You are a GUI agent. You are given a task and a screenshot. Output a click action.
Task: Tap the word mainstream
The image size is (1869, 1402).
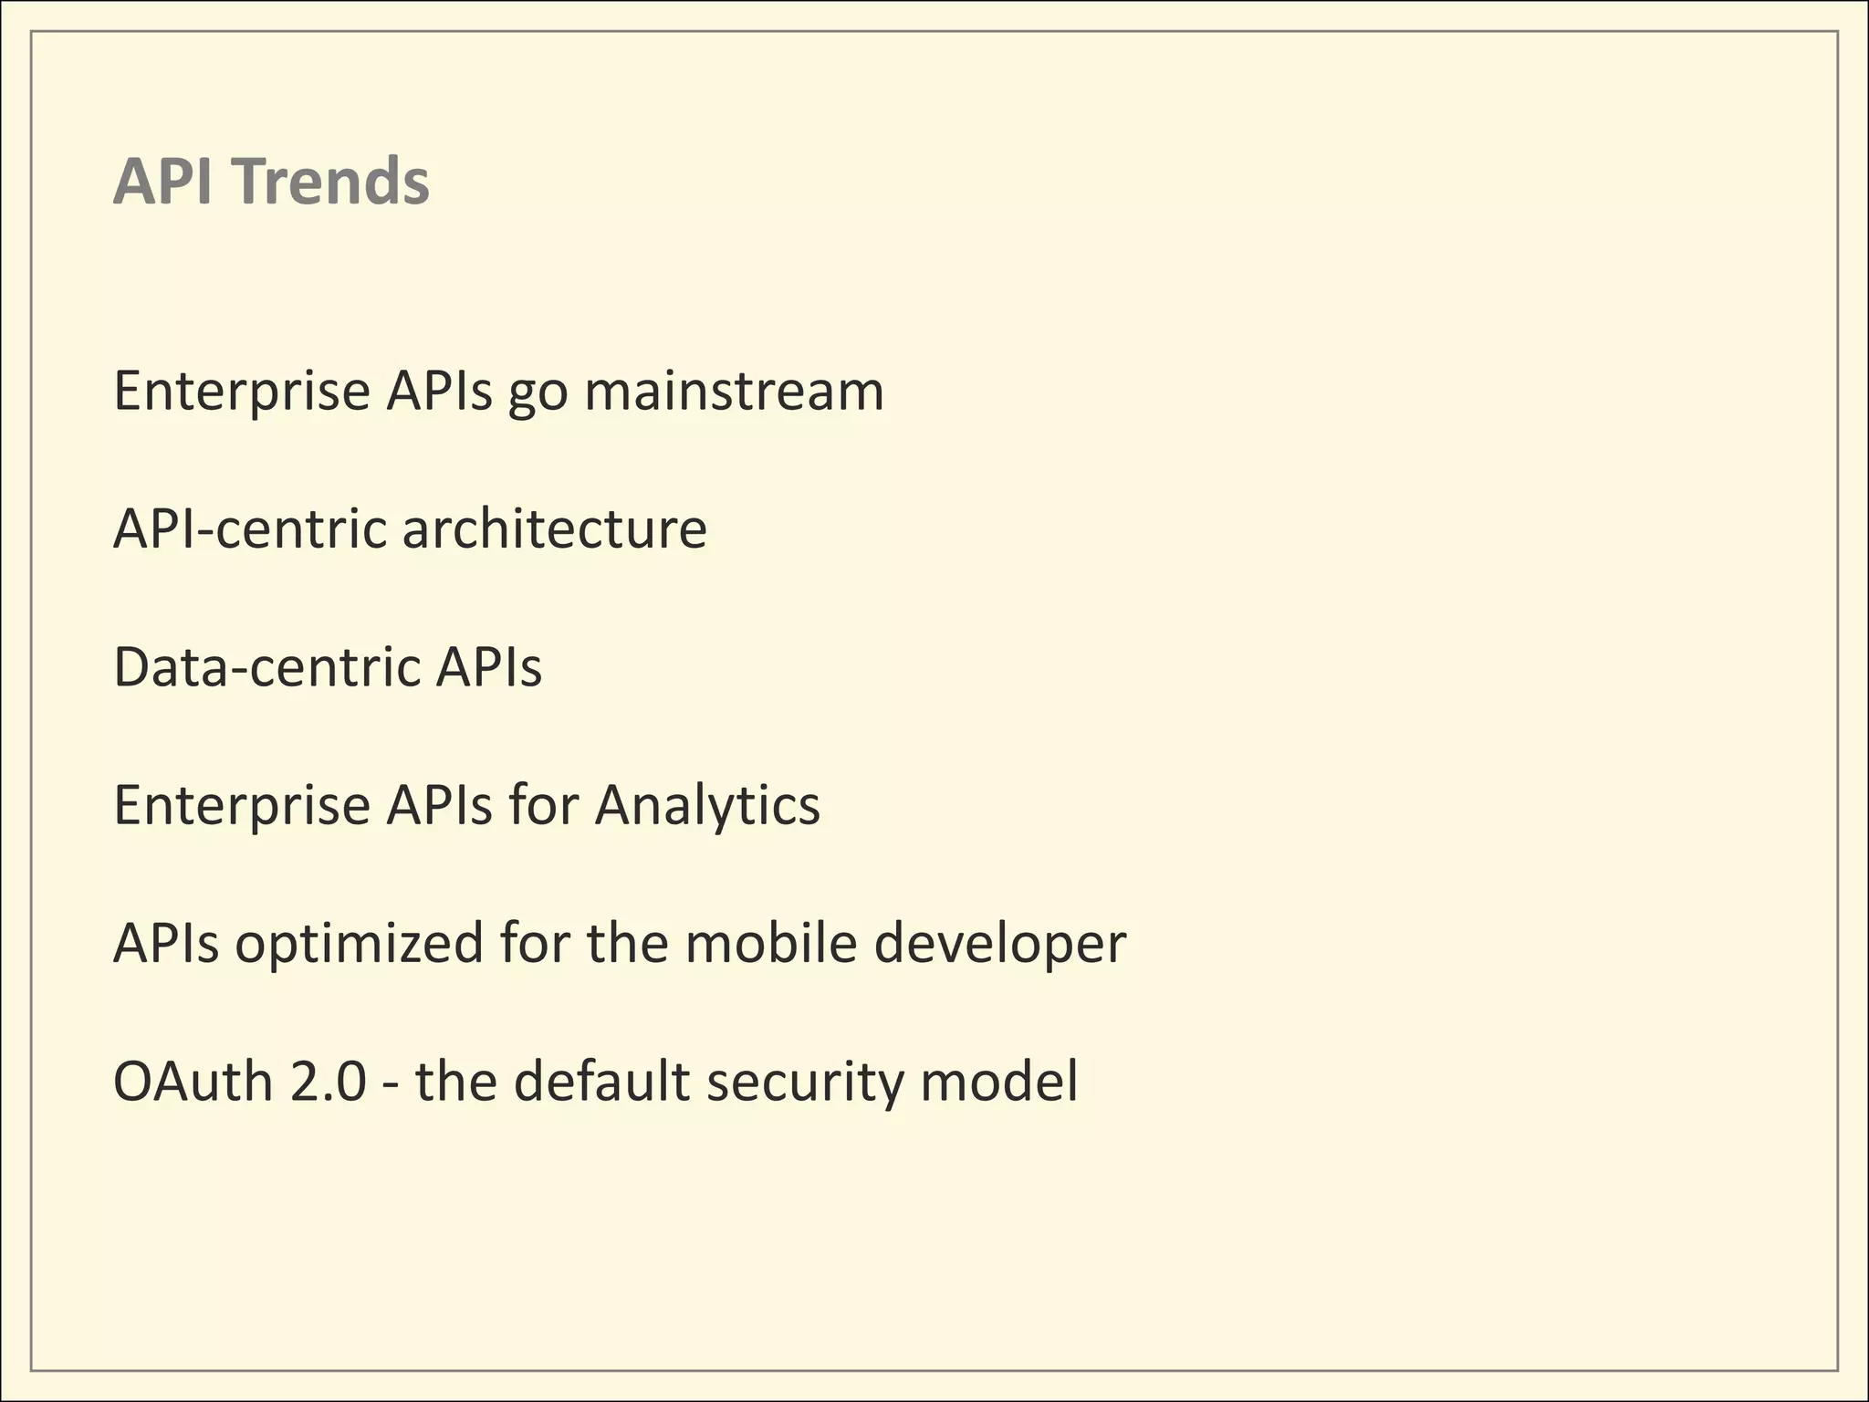734,391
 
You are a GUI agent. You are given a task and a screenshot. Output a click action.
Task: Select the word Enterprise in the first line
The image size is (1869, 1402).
241,391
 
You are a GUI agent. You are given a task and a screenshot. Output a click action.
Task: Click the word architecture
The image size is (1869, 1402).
554,528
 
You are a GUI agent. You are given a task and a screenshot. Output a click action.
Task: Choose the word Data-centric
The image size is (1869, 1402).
266,666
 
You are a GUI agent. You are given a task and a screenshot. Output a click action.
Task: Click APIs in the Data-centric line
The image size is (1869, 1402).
488,666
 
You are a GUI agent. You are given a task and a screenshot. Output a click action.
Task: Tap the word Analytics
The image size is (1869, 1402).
707,805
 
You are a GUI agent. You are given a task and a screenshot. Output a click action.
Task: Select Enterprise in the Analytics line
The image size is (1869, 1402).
241,805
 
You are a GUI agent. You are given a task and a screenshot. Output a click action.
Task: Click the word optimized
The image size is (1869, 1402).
359,943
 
